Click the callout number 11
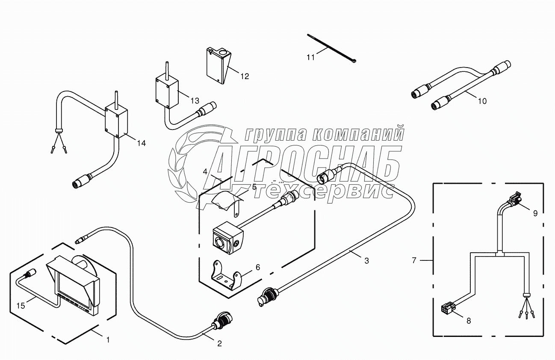(310, 56)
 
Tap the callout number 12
(244, 77)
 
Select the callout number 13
(195, 101)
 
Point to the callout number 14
(141, 143)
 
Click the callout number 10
(482, 101)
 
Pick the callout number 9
(535, 212)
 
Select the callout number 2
(219, 343)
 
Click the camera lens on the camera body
(221, 243)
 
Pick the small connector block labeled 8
(446, 308)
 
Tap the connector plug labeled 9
(516, 198)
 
